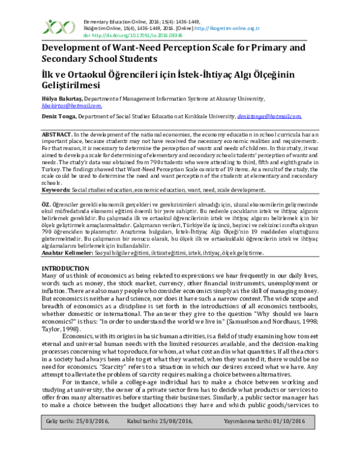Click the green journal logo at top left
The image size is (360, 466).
click(57, 27)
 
